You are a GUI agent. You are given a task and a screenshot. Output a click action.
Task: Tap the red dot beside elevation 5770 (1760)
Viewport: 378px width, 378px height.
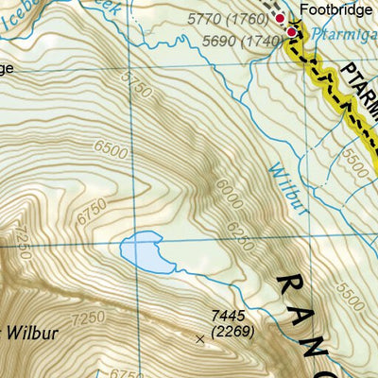coord(280,18)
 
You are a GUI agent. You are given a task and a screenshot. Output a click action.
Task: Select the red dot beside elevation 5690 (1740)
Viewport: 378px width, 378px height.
coord(291,33)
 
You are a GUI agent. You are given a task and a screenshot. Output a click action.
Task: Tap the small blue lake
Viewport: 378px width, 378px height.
coord(146,252)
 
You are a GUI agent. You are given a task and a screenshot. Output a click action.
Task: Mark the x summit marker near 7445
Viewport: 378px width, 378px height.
coord(199,337)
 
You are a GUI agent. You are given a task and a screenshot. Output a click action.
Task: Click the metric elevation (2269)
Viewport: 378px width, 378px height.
coord(228,332)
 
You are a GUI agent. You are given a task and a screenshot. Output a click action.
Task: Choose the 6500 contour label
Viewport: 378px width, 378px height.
coord(112,149)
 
